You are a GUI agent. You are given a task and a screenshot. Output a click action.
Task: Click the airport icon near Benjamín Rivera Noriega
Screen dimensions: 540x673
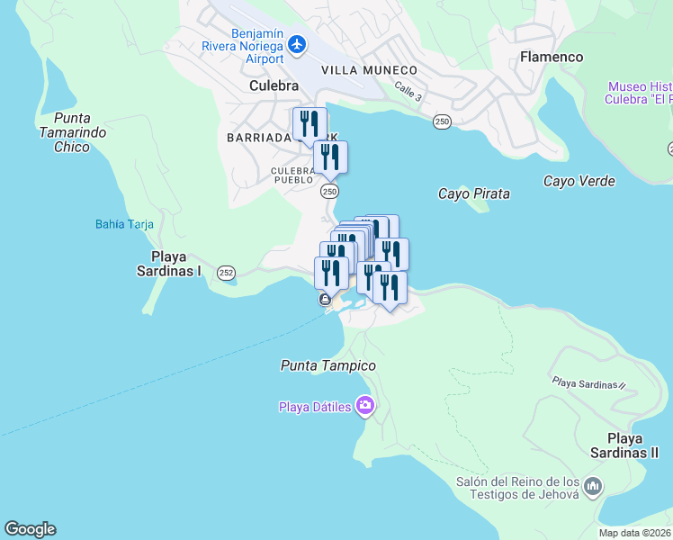pyautogui.click(x=298, y=44)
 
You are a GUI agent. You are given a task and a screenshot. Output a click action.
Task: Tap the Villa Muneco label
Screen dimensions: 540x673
pyautogui.click(x=369, y=70)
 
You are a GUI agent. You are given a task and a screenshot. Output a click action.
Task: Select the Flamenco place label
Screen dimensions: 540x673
pyautogui.click(x=552, y=57)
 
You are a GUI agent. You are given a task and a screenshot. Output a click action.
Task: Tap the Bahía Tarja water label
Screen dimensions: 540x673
pyautogui.click(x=124, y=224)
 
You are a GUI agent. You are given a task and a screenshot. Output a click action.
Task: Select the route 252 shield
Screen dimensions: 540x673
pyautogui.click(x=226, y=272)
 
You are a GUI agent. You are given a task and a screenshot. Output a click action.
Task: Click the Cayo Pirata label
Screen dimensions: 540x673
pyautogui.click(x=473, y=193)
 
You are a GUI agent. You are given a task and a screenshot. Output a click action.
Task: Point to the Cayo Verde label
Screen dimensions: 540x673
pyautogui.click(x=579, y=181)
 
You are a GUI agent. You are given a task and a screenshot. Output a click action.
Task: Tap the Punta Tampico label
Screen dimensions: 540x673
pyautogui.click(x=328, y=365)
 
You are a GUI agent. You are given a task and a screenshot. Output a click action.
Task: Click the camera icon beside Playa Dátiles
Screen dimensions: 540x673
pyautogui.click(x=365, y=406)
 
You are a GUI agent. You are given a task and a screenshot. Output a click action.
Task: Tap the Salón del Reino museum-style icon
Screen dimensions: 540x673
pyautogui.click(x=592, y=487)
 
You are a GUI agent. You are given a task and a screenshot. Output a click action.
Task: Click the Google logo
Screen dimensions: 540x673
pyautogui.click(x=30, y=529)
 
